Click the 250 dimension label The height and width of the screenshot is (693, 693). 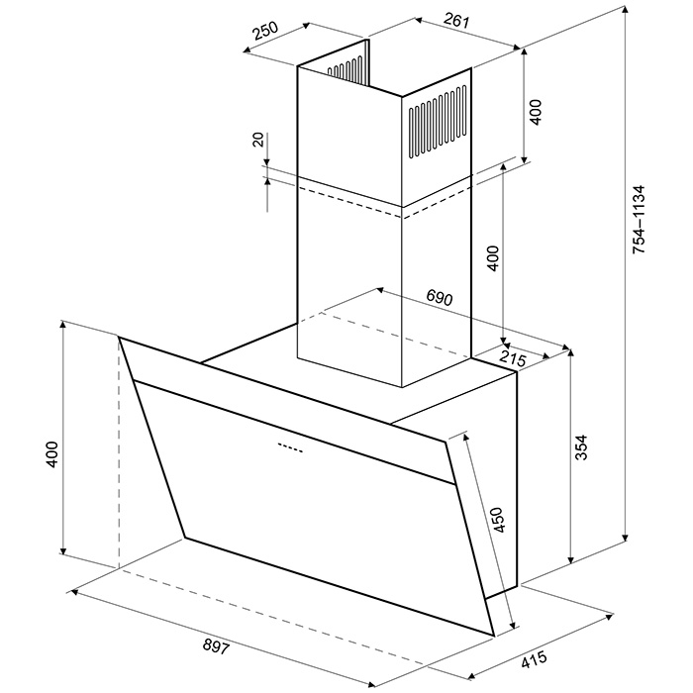pos(265,31)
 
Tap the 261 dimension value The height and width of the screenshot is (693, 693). pos(455,21)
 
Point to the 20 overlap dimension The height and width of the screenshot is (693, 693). pos(258,140)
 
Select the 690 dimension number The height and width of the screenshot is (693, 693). pos(440,297)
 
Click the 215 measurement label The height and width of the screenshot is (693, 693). pos(513,358)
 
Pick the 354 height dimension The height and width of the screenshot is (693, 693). pos(582,447)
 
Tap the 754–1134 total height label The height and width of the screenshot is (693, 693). pos(640,219)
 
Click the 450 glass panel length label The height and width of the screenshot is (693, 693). pos(498,520)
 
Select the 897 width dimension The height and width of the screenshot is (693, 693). pos(217,647)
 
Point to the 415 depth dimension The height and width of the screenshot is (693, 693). pos(534,660)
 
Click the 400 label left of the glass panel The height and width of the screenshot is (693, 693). pos(51,453)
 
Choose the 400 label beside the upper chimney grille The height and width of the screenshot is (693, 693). pos(535,112)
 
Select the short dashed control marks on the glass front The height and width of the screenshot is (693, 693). pos(290,447)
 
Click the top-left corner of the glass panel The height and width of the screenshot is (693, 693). pos(119,338)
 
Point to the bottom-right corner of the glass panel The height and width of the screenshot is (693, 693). pos(493,636)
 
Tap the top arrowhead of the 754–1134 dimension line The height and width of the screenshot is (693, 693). pos(626,12)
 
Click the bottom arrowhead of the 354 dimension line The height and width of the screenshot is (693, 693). pos(570,558)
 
